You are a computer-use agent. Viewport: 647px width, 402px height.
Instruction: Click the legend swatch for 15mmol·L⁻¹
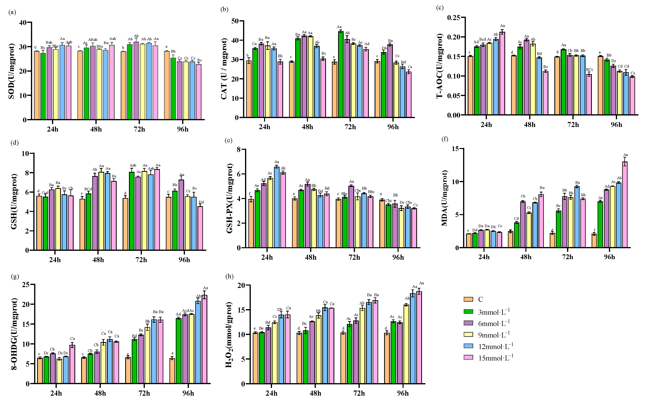click(468, 357)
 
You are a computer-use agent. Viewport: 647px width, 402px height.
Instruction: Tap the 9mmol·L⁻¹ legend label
click(494, 335)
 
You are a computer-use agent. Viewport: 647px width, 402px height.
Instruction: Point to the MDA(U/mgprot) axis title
click(444, 198)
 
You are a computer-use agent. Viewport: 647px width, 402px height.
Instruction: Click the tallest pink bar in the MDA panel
click(625, 205)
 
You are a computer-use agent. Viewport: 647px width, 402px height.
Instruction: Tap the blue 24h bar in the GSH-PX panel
click(277, 207)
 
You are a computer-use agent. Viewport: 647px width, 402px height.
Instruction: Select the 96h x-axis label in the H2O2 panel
click(403, 393)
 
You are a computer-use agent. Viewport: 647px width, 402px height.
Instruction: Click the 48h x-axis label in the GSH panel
click(98, 260)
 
